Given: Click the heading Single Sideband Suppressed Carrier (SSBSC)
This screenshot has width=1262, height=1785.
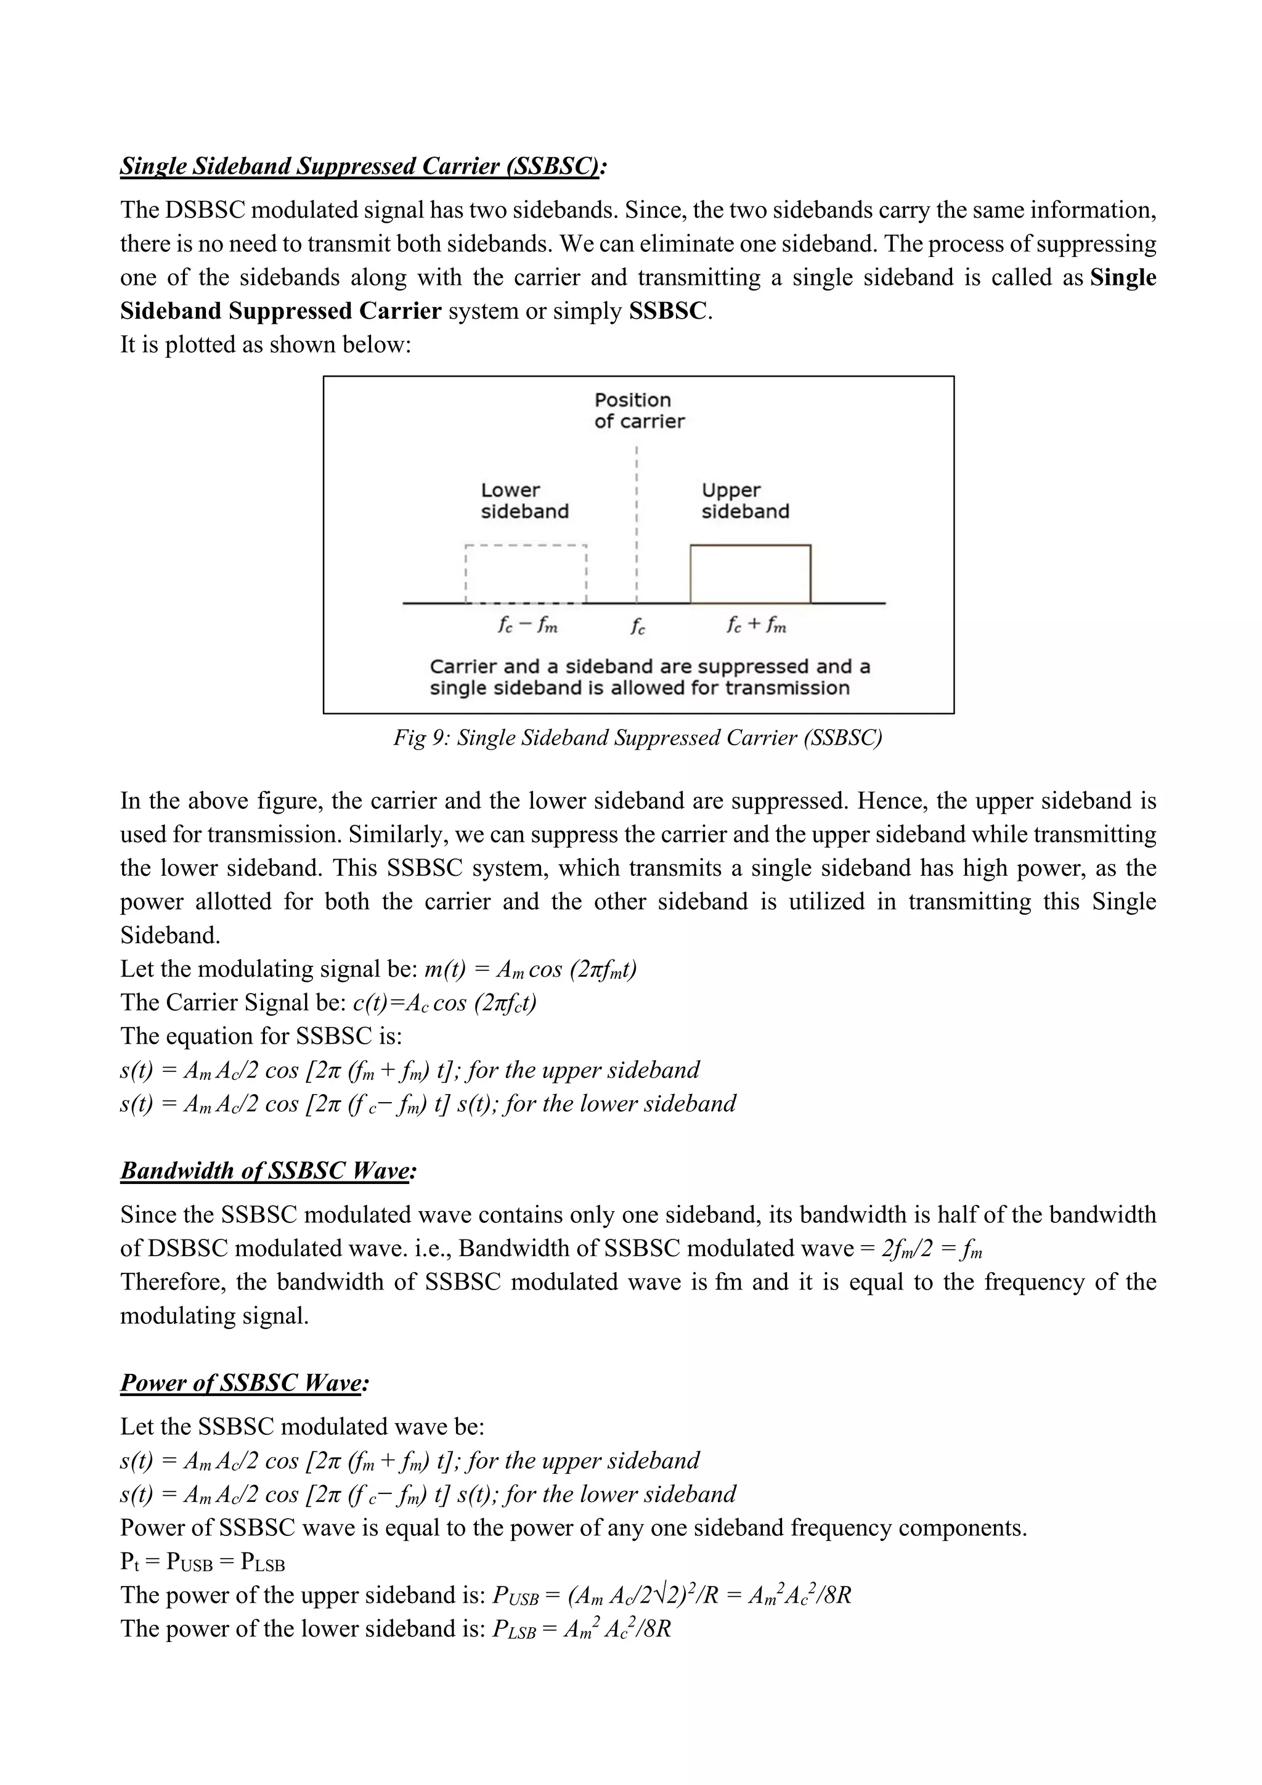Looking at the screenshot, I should [362, 166].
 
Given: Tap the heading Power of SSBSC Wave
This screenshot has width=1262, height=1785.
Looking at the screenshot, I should [243, 1383].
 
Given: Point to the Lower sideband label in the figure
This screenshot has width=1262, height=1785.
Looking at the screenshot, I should [524, 500].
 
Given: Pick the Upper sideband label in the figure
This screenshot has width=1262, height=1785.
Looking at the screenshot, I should [744, 500].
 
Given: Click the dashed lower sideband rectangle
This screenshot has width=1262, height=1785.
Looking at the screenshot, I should [525, 574].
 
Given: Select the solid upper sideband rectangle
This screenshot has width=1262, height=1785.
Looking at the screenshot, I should [750, 574].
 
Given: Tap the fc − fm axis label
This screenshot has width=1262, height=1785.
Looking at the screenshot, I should [527, 625].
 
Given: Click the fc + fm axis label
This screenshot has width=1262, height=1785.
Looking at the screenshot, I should [755, 625].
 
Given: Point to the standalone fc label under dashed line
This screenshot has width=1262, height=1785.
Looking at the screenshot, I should [637, 627].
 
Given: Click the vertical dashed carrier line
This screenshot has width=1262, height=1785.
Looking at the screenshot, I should [637, 529].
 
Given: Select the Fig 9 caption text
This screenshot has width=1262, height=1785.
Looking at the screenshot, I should [637, 737].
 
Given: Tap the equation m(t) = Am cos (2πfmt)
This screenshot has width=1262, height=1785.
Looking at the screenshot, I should [531, 970].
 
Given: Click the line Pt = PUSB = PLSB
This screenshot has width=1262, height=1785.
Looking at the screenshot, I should [202, 1562].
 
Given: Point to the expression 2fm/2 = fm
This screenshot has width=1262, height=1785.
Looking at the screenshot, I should [932, 1249].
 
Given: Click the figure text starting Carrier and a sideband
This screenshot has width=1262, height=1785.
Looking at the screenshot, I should [649, 677].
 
